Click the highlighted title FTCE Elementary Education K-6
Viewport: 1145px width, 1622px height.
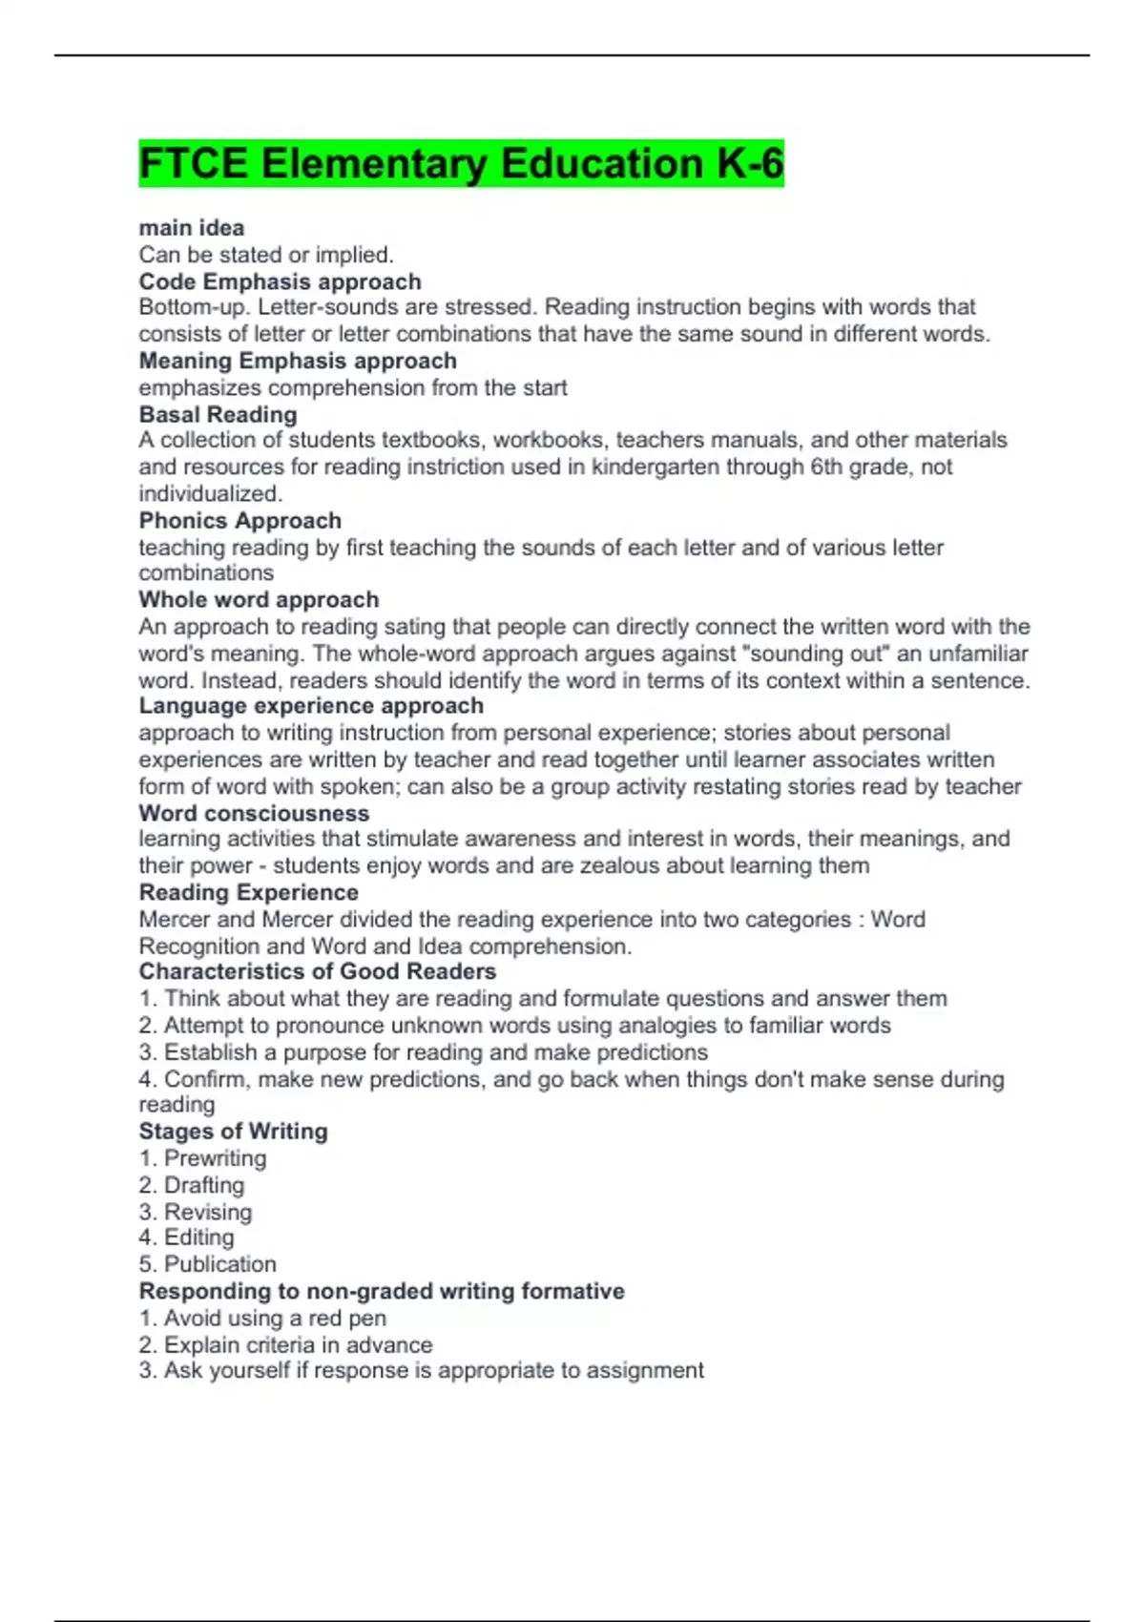[461, 163]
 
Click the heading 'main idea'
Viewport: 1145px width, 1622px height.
[191, 228]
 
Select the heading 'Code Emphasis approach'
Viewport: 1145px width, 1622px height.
[280, 281]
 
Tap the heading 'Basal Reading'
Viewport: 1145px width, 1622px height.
[218, 414]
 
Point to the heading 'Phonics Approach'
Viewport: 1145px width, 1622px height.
[239, 520]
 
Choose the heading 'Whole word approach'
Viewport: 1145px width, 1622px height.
[259, 599]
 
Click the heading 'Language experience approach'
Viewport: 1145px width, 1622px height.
[311, 705]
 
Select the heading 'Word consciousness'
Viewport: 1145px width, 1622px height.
[254, 813]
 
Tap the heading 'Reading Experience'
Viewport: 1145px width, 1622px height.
[248, 892]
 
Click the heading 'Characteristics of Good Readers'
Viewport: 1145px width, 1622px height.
[317, 971]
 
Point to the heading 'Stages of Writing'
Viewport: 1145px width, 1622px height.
[233, 1131]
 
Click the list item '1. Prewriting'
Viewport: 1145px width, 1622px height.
[202, 1158]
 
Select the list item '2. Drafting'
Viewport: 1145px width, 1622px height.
[191, 1185]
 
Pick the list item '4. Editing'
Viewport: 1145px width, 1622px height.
[186, 1237]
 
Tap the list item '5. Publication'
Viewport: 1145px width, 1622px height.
[207, 1264]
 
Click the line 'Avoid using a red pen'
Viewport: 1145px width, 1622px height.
[262, 1318]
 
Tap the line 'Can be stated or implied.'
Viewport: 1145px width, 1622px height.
[266, 255]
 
